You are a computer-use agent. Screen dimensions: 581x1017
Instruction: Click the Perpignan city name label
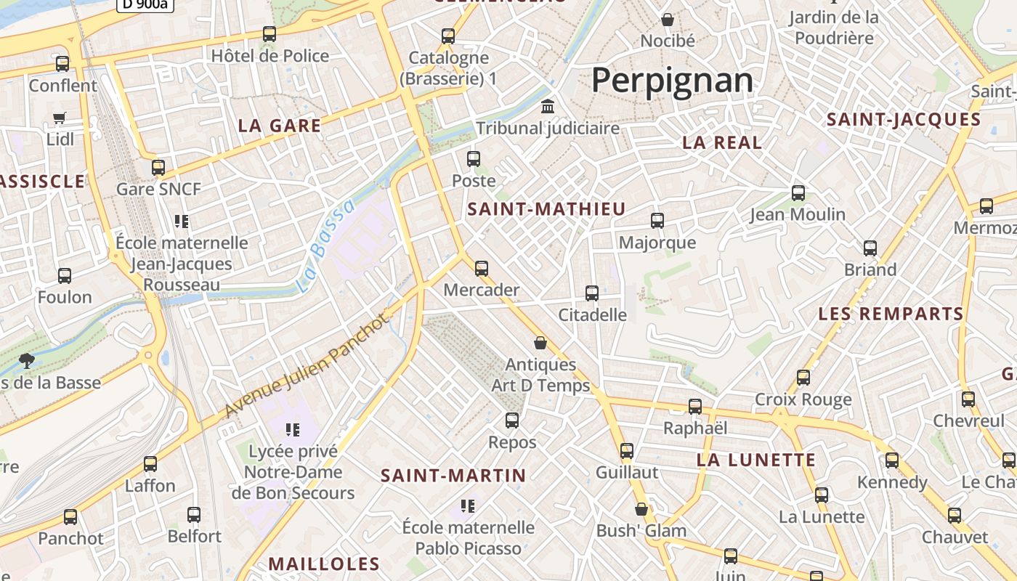672,80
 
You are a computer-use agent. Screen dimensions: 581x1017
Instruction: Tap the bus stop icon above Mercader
481,269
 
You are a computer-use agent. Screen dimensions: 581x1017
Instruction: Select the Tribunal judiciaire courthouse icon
548,107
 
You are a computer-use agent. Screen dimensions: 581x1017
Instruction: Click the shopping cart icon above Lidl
60,118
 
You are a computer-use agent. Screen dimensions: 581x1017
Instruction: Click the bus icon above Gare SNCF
158,168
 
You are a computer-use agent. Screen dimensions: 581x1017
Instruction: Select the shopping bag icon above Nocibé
667,20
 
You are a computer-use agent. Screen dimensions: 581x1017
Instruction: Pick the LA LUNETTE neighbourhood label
756,460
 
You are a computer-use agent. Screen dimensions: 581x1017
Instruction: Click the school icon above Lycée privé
293,430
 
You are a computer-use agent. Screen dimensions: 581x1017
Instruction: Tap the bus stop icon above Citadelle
592,293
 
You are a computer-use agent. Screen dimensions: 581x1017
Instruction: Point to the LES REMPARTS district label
891,314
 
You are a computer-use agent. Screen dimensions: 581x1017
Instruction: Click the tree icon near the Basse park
27,360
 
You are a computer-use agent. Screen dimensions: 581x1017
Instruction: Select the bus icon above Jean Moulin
798,193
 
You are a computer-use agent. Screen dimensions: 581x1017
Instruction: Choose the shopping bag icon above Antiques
540,343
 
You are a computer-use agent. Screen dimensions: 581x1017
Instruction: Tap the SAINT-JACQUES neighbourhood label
904,120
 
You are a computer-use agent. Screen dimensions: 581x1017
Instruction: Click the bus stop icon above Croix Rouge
803,378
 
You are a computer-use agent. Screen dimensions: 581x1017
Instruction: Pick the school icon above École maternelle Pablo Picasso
468,505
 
